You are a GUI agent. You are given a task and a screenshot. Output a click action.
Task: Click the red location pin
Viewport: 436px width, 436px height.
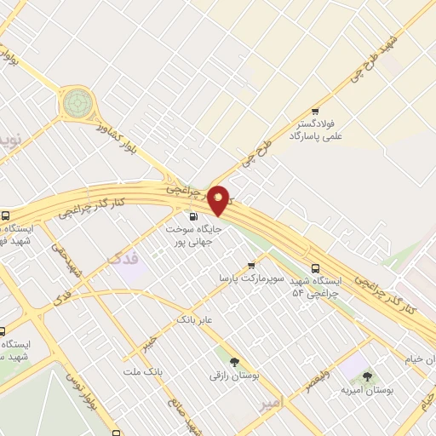pyautogui.click(x=220, y=199)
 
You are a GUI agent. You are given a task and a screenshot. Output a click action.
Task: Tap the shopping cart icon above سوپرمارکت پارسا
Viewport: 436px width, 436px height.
pyautogui.click(x=250, y=266)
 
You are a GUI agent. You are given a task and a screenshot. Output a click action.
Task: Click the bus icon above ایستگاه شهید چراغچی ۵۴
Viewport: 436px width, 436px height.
pyautogui.click(x=316, y=266)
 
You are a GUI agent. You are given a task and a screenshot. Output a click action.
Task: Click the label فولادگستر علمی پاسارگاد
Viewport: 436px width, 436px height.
pyautogui.click(x=316, y=129)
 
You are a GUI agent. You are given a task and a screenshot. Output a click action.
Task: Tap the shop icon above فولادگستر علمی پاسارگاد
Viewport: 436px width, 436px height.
pyautogui.click(x=316, y=112)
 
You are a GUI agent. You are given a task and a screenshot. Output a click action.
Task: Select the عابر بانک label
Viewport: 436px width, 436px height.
pyautogui.click(x=194, y=320)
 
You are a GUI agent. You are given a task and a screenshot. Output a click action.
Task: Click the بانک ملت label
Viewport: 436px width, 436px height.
pyautogui.click(x=142, y=372)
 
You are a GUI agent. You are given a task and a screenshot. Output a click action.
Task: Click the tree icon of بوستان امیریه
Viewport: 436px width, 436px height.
pyautogui.click(x=368, y=375)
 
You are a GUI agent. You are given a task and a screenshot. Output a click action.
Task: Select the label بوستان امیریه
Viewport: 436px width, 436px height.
pyautogui.click(x=368, y=389)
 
